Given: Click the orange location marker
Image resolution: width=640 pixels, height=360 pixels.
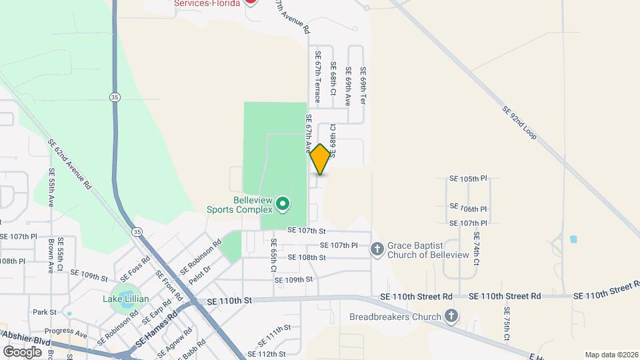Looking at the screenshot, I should tap(320, 159).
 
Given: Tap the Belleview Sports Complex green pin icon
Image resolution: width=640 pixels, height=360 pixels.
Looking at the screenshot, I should tap(283, 204).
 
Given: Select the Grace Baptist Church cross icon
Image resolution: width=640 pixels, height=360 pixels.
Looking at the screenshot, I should tap(377, 249).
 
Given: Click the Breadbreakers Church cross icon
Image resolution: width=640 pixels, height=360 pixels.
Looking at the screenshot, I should tap(451, 316).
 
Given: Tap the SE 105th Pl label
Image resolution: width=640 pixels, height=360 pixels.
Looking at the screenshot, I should tap(469, 179).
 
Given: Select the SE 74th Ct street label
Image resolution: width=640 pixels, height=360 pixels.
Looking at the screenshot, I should tap(476, 248).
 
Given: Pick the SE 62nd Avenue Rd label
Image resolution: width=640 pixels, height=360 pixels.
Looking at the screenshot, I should tap(69, 164).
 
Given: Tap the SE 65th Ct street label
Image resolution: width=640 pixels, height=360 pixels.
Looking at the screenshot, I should tap(273, 255).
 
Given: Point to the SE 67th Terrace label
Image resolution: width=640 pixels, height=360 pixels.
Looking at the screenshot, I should tap(317, 77).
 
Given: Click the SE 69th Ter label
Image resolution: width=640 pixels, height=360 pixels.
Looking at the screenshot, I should tap(363, 85).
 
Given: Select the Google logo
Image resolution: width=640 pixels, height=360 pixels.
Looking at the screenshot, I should tap(22, 351).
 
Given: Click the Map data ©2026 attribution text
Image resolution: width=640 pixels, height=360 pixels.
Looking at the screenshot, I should tap(611, 355).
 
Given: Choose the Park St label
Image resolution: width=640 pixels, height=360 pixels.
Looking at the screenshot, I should tap(45, 312).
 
